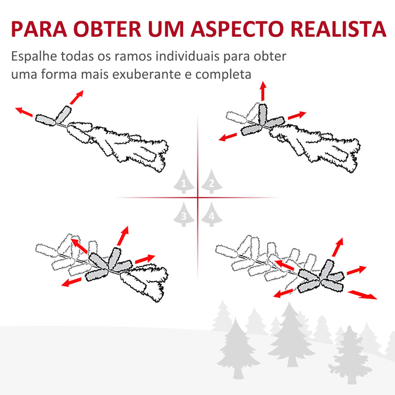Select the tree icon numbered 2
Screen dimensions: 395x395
pos(211,183)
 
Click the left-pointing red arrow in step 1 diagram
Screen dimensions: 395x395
pos(24,112)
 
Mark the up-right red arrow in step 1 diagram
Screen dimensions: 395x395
pos(76,97)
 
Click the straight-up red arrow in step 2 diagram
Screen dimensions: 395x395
pos(263,91)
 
